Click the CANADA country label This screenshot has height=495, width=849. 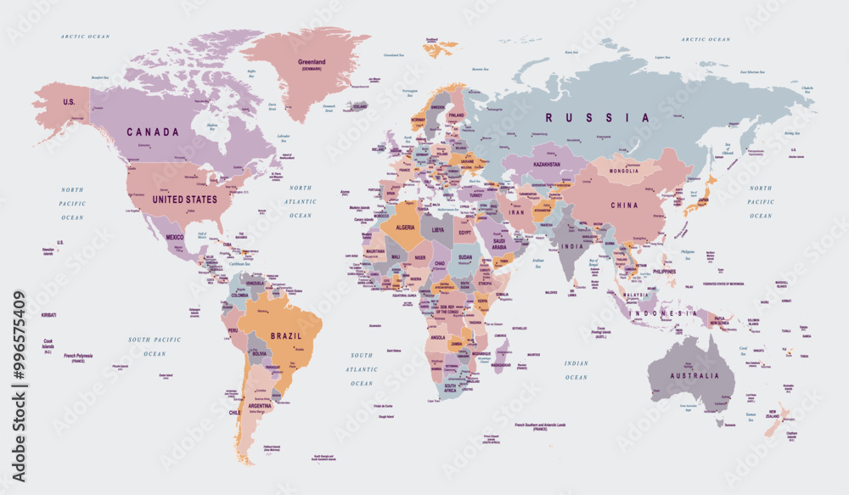point(153,132)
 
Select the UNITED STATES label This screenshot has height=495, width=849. point(184,200)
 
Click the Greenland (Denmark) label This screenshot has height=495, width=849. point(312,65)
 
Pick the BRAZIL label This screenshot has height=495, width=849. point(286,335)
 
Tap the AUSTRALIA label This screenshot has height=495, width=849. point(694,376)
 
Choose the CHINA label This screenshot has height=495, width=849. point(624,205)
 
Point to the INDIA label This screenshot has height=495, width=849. point(571,246)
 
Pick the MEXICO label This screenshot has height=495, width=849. point(174,237)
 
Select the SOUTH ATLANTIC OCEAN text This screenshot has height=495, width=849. point(362,369)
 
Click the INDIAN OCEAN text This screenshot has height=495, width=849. point(576,369)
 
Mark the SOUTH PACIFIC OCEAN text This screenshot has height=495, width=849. point(155,346)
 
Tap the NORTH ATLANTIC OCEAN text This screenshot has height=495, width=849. point(301,201)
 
